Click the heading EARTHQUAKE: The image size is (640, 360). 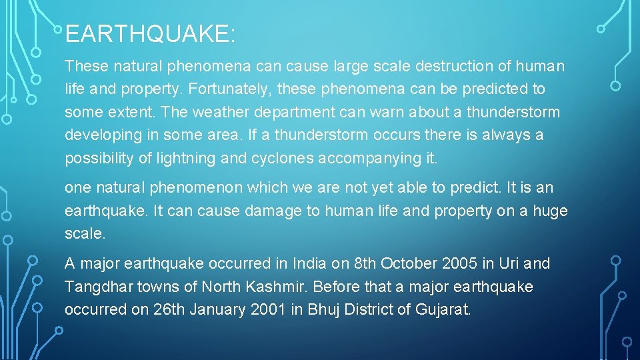[150, 33]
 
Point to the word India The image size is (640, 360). [309, 264]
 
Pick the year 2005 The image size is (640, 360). [459, 264]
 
